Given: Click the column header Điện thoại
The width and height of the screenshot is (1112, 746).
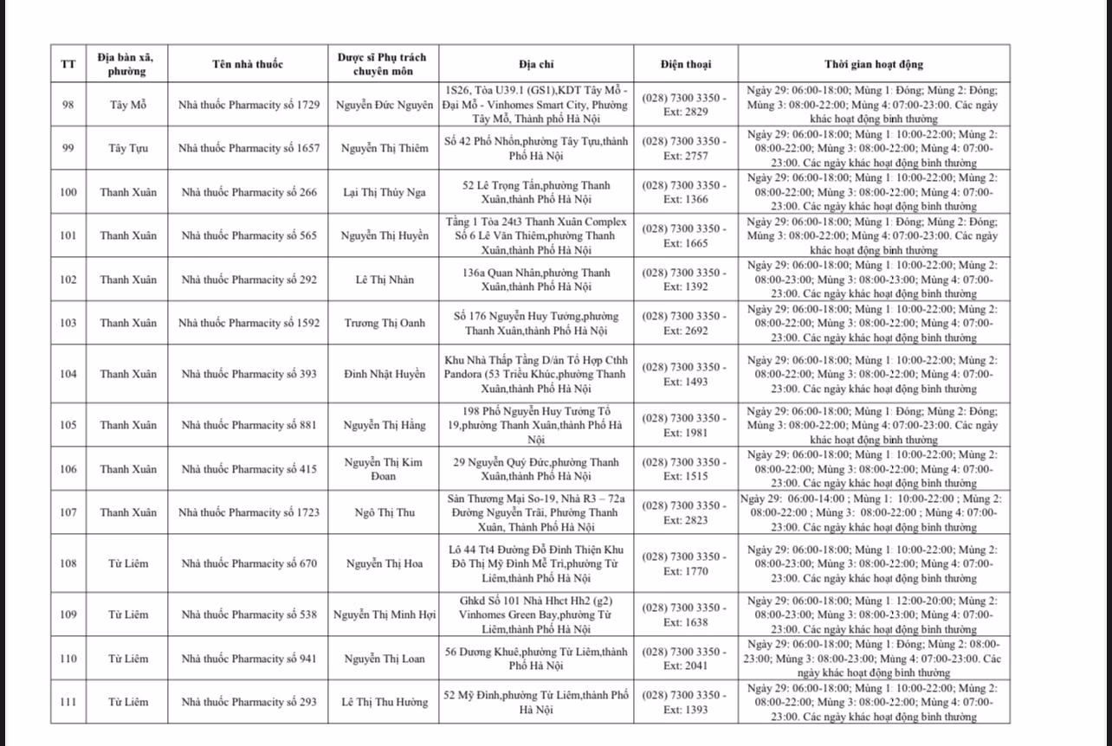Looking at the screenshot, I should click(x=685, y=64).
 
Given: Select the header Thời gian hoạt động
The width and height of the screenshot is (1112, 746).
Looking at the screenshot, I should click(x=873, y=64).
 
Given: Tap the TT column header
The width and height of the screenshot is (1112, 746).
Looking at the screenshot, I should click(x=68, y=64).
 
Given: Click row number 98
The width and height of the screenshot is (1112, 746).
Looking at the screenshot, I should click(x=68, y=105).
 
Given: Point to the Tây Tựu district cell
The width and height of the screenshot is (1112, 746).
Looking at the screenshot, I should click(x=128, y=148).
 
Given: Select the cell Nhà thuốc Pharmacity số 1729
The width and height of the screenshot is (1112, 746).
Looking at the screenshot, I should click(x=249, y=105).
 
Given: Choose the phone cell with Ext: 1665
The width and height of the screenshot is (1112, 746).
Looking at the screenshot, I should click(x=685, y=235).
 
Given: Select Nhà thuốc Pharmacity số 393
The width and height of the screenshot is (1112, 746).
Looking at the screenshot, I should click(x=249, y=374).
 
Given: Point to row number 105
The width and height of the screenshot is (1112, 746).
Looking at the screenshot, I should click(x=68, y=425).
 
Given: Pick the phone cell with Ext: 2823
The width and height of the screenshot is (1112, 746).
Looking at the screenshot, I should click(x=685, y=512).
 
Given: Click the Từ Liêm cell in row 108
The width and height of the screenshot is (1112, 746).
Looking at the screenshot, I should click(x=128, y=563).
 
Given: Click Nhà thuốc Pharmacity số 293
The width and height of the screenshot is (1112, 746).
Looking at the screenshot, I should click(x=249, y=702).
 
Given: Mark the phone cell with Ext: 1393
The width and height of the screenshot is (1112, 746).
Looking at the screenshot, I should click(x=685, y=702).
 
